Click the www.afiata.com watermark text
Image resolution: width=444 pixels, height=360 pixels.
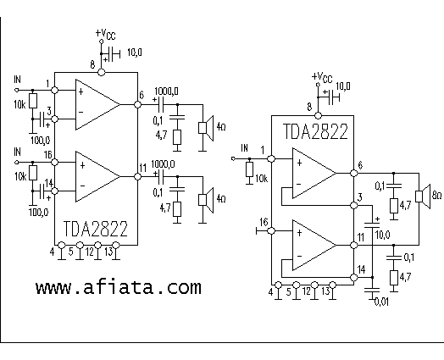(x=119, y=288)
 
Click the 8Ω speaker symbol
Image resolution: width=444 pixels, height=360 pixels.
(x=423, y=197)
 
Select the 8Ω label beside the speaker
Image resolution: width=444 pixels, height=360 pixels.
(x=436, y=196)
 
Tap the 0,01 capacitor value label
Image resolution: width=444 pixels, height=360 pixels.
(x=381, y=302)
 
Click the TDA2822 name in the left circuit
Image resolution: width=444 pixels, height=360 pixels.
(x=96, y=229)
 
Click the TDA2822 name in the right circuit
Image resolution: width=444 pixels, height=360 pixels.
(x=315, y=131)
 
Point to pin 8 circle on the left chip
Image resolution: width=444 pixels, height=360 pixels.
(x=101, y=73)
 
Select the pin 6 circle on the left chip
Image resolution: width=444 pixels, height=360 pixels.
(x=137, y=104)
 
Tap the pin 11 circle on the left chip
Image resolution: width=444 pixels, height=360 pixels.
(x=137, y=176)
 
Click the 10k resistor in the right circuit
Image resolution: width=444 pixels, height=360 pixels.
(x=249, y=169)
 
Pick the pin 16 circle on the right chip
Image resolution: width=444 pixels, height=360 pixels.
(x=271, y=231)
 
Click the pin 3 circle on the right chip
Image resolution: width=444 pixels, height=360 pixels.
(x=353, y=205)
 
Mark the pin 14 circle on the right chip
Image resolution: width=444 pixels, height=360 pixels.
(x=353, y=277)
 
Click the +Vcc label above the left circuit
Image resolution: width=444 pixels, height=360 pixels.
(x=105, y=34)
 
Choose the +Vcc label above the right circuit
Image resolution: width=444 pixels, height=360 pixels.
(x=322, y=77)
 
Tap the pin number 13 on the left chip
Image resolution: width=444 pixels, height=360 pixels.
(x=108, y=252)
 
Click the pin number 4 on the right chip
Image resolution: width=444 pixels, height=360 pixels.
(x=270, y=291)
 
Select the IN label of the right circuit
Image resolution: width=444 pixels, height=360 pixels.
(x=244, y=148)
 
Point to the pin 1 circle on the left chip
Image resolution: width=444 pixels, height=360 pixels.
(x=54, y=90)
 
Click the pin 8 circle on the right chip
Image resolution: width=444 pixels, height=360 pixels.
(x=318, y=115)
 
